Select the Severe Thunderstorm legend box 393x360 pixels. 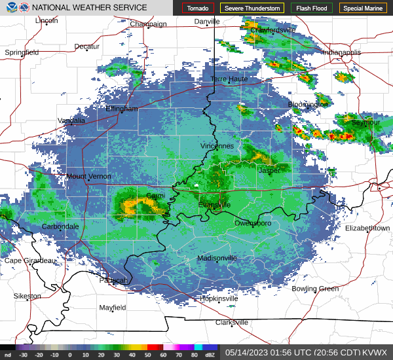click(252, 8)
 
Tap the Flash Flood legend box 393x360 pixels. click(312, 8)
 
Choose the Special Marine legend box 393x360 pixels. click(363, 8)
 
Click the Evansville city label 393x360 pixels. click(215, 205)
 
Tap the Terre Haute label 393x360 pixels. click(229, 79)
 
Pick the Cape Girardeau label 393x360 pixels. click(31, 261)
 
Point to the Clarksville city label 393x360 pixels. click(232, 323)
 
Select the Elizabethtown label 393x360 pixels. click(367, 228)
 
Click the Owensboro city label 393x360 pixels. click(253, 224)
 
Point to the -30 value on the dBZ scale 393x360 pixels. click(24, 355)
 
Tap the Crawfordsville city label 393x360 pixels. click(273, 30)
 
